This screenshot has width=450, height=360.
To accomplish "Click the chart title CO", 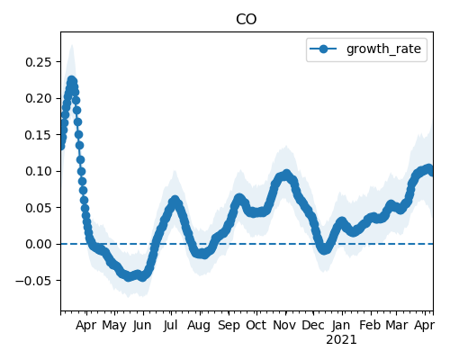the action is pos(247,20).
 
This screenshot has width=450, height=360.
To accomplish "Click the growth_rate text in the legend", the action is pos(383,49).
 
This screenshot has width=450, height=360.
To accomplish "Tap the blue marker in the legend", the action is pos(323,49).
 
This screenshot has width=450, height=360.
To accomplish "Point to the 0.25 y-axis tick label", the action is pos(39,62).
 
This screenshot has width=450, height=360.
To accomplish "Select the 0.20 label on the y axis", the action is pos(39,98).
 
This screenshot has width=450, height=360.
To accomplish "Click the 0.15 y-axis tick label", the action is pos(39,135).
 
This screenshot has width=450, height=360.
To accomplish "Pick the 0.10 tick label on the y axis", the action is pos(39,171).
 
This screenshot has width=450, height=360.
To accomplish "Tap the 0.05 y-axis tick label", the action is pos(39,208).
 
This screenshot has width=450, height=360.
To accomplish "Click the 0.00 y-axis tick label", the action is pos(39,244).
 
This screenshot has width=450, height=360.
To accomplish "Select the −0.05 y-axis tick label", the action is pos(34,281).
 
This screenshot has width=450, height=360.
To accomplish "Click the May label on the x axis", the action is pos(114,326).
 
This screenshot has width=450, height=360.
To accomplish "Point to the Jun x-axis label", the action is pos(142,326).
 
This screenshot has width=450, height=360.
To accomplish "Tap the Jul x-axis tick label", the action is pos(171,326).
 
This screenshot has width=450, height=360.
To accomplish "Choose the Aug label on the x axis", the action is pos(199,326).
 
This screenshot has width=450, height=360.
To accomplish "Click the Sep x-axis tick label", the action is pos(229,326).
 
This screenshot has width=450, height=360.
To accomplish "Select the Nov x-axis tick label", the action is pos(284,326).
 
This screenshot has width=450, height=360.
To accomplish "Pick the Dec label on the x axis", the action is pos(313,326).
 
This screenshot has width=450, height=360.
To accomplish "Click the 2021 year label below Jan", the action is pos(341,340).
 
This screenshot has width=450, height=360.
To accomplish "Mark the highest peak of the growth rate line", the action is pos(71,80).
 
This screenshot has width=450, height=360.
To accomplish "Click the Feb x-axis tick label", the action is pos(370,326).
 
